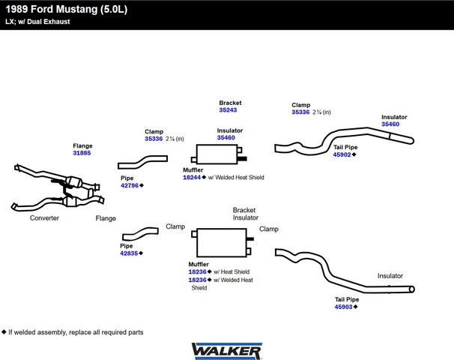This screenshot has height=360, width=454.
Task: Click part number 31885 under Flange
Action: (82, 153)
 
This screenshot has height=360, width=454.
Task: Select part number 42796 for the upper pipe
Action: (130, 185)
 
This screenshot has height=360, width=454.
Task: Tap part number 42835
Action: (129, 253)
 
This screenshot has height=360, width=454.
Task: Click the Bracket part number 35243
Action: (228, 110)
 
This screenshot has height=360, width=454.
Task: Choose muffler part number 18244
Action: (192, 178)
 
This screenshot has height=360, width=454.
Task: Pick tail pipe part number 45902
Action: (342, 154)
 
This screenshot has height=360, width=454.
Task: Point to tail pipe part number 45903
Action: (343, 307)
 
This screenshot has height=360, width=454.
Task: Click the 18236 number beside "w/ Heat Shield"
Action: (198, 272)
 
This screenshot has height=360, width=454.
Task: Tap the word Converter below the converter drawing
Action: (44, 218)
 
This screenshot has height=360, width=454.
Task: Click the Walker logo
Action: (227, 351)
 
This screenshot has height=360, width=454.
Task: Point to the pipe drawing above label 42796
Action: (142, 162)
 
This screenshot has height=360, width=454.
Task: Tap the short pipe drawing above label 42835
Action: (140, 234)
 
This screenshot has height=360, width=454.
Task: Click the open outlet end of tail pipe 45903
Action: (412, 289)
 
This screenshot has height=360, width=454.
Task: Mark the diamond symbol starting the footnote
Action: (4, 332)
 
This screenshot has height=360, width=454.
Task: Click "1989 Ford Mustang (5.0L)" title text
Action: (67, 9)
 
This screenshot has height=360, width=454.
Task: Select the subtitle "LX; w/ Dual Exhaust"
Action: (37, 22)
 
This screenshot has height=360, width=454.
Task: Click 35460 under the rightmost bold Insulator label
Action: (390, 124)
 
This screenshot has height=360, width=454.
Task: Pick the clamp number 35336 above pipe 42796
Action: (154, 139)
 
